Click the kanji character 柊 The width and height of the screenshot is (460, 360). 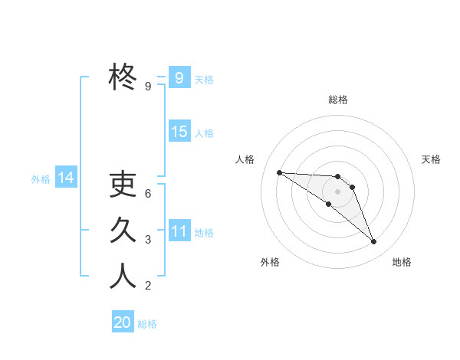pyautogui.click(x=123, y=77)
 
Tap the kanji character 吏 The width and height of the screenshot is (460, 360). pyautogui.click(x=123, y=185)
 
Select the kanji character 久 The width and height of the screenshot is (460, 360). pyautogui.click(x=123, y=231)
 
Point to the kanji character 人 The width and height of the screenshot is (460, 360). pyautogui.click(x=123, y=277)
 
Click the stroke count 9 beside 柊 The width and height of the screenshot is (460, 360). pyautogui.click(x=148, y=87)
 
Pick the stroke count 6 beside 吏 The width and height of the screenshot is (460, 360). pyautogui.click(x=148, y=194)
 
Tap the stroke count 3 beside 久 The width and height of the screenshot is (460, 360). pyautogui.click(x=148, y=240)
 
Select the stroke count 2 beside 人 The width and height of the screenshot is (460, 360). pyautogui.click(x=148, y=286)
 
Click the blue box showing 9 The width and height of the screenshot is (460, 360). pyautogui.click(x=179, y=77)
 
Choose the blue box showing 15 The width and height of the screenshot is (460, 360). pyautogui.click(x=179, y=132)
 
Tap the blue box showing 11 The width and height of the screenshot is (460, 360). pyautogui.click(x=179, y=231)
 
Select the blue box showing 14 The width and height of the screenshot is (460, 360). pyautogui.click(x=66, y=178)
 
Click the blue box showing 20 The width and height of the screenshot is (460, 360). pyautogui.click(x=123, y=322)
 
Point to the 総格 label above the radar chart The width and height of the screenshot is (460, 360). pyautogui.click(x=338, y=100)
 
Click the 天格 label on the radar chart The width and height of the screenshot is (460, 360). pyautogui.click(x=432, y=159)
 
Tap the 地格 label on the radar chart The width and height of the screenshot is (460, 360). pyautogui.click(x=402, y=262)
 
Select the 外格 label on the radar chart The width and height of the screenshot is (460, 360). pyautogui.click(x=270, y=262)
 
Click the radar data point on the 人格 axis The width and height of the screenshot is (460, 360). pyautogui.click(x=279, y=172)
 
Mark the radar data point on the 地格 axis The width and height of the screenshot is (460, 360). pyautogui.click(x=374, y=242)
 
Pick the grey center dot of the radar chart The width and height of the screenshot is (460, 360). pyautogui.click(x=337, y=191)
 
